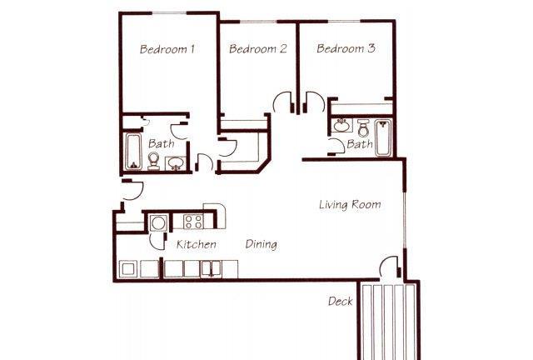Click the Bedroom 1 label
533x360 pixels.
pos(167,49)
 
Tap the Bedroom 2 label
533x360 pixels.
pos(258,48)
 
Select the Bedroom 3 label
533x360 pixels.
pos(346,48)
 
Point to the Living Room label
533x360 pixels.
pos(350,204)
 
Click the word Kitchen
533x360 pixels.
pos(197,244)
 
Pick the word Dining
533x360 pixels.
pos(261,244)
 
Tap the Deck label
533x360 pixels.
pos(341,301)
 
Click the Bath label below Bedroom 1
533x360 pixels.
pos(161,143)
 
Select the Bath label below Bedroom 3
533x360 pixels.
pos(360,144)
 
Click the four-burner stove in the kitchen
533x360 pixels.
pos(193,222)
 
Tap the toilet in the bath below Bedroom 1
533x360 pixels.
pos(153,161)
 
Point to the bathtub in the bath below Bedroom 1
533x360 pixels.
pos(133,152)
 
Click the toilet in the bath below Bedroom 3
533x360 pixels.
pos(363,127)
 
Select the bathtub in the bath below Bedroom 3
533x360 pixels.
pos(383,137)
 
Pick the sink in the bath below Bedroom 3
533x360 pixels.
pos(341,126)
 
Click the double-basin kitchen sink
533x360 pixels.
pos(211,268)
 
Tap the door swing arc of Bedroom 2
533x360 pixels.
pos(281,102)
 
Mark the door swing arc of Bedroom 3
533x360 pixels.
pos(315,102)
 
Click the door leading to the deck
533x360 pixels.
pos(390,267)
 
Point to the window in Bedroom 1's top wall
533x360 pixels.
pos(169,13)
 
